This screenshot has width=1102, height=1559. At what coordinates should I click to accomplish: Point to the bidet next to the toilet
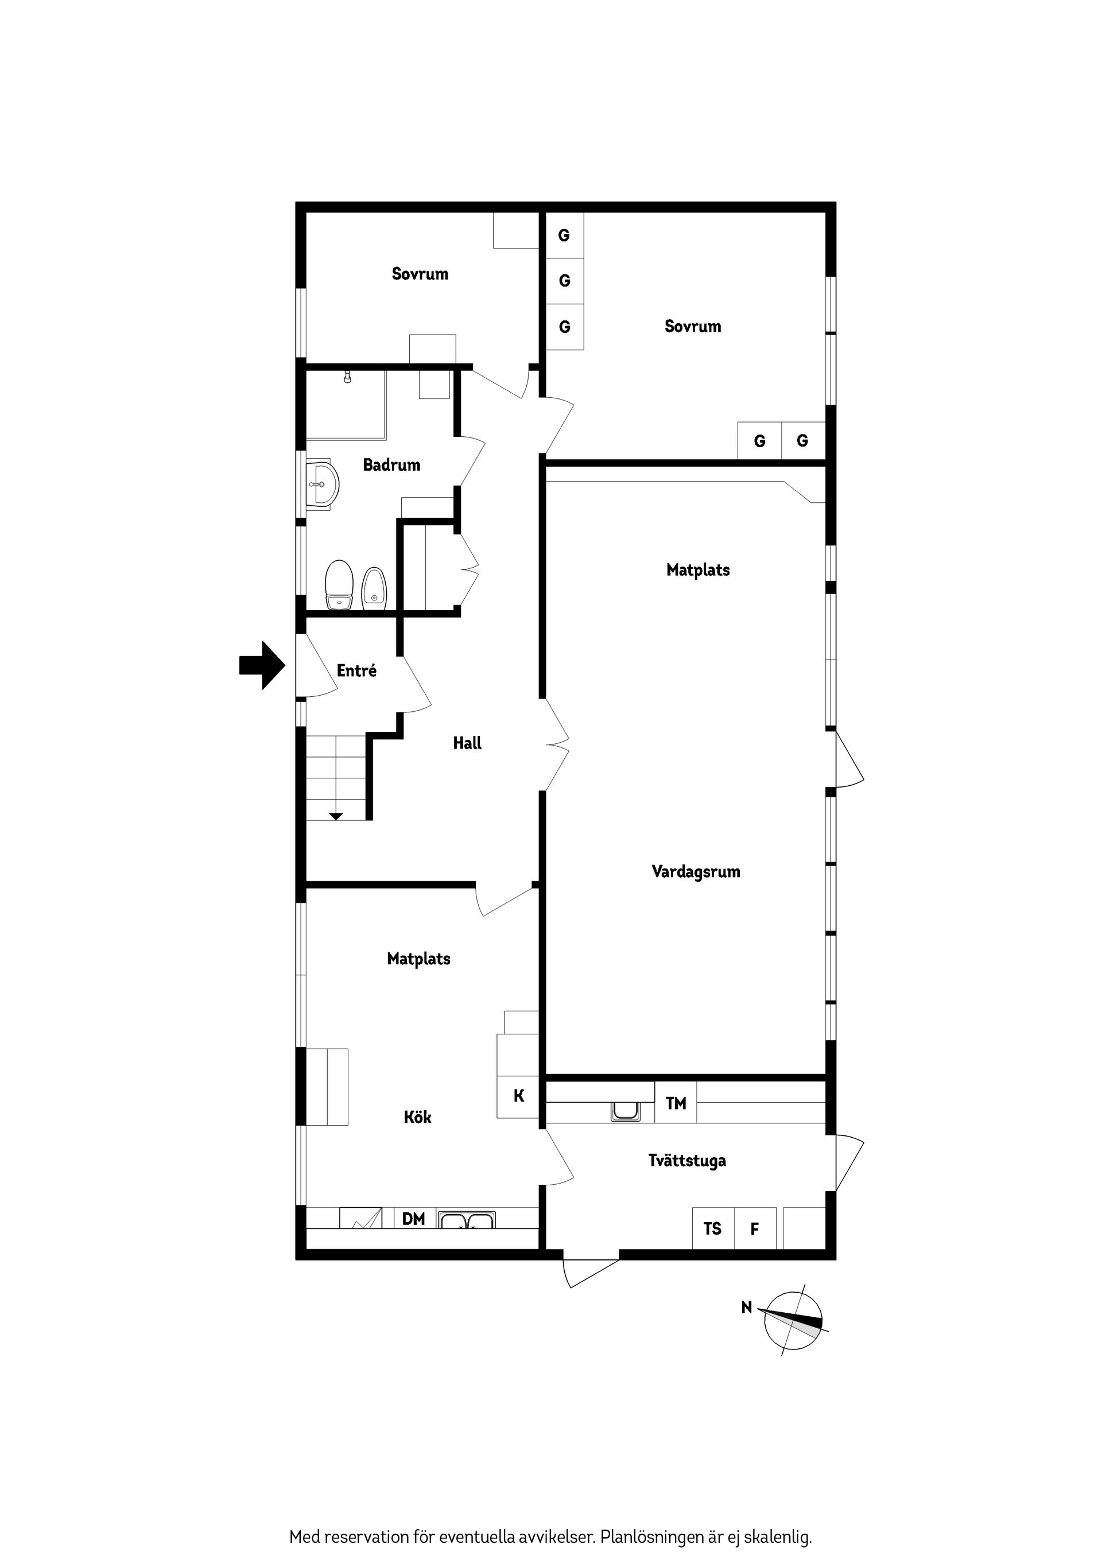point(374,588)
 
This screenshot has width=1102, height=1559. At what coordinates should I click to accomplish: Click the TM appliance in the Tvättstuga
point(676,1103)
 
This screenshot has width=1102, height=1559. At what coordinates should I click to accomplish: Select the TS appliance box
point(713,1228)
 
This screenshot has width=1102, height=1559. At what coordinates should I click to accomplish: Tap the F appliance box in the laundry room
point(755,1228)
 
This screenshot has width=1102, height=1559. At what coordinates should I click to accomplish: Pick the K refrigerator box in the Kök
point(518,1096)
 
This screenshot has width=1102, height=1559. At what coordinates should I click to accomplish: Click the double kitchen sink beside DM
point(467,1220)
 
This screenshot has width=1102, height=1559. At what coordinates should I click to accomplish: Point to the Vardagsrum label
point(696,872)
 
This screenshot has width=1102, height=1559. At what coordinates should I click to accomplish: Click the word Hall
point(467,743)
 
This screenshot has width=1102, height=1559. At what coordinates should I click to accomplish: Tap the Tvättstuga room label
point(687,1161)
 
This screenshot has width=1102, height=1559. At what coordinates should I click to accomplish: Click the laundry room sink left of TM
point(626,1111)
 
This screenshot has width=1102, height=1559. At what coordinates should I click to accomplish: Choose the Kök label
point(418,1117)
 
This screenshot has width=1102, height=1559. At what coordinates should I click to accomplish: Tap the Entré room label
point(356,670)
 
